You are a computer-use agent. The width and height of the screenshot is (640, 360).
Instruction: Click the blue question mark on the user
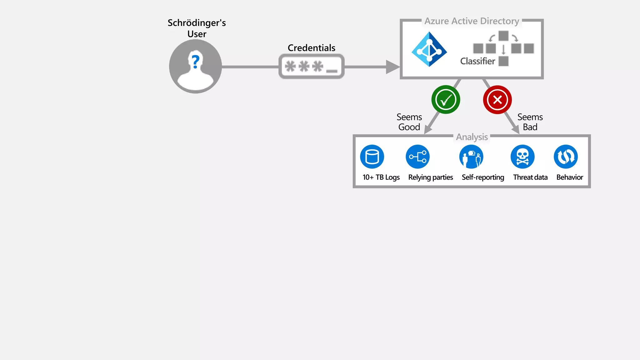tap(196, 62)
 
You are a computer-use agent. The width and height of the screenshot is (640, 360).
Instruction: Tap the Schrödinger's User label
tap(197, 28)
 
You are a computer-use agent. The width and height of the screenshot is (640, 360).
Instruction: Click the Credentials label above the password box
tap(311, 48)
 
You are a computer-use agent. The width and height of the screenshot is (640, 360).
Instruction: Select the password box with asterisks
tap(311, 67)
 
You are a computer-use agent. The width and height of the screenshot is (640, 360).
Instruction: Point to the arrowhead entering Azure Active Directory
tap(392, 67)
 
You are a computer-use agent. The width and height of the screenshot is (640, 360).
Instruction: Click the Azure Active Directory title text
tap(472, 21)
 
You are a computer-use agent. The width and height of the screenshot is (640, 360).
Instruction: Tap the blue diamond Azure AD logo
tap(429, 49)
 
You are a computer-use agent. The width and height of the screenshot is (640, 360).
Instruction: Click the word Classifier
tap(477, 61)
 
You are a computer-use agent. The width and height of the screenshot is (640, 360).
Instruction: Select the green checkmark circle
tap(446, 100)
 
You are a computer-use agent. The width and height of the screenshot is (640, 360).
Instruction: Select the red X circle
tap(497, 100)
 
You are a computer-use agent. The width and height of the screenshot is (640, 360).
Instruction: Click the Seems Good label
tap(409, 122)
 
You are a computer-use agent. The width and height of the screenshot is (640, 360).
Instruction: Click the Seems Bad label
tap(530, 122)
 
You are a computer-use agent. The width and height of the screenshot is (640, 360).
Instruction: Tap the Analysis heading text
tap(472, 137)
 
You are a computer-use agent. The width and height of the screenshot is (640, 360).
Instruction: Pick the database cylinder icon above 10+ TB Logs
tap(372, 157)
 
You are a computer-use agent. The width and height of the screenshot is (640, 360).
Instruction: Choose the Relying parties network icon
tap(417, 157)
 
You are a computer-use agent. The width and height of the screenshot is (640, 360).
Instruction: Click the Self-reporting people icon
tap(471, 157)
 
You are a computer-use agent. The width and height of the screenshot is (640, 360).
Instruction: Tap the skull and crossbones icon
tap(522, 157)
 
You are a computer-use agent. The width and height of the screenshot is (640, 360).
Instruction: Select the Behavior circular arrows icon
tap(566, 157)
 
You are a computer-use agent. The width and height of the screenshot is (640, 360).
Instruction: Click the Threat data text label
tap(530, 177)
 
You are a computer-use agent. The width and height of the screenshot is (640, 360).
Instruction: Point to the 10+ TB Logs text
tap(381, 177)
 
